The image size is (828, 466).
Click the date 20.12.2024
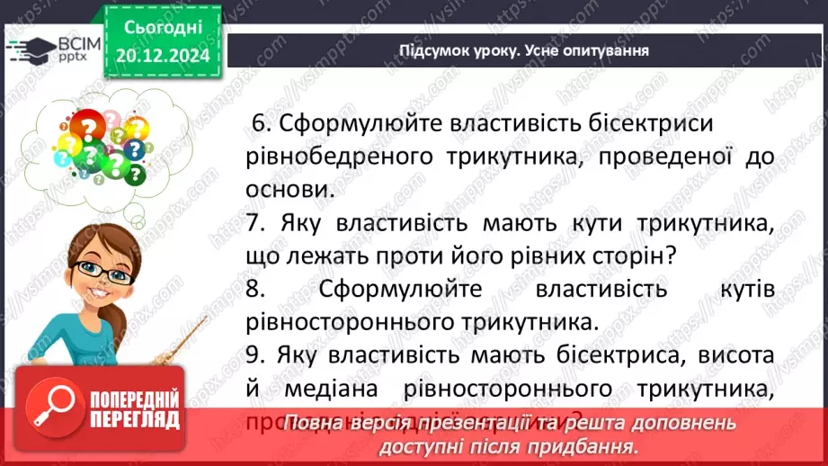pos(162,56)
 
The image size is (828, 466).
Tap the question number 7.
pos(252,221)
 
